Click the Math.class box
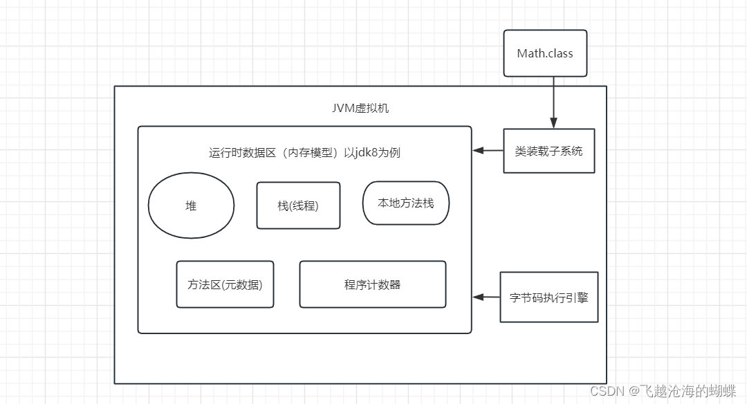tap(545, 53)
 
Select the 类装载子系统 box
tap(548, 151)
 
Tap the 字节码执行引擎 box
tap(548, 297)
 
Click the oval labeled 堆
tap(191, 205)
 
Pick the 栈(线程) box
tap(298, 205)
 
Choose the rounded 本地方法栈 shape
tap(406, 203)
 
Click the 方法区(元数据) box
tap(225, 284)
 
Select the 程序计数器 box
tap(372, 284)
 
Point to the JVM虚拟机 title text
tap(360, 109)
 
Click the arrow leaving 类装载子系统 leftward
tap(488, 151)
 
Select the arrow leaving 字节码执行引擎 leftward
tap(486, 297)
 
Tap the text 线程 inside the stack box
tap(304, 205)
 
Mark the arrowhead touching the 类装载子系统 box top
tap(553, 124)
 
